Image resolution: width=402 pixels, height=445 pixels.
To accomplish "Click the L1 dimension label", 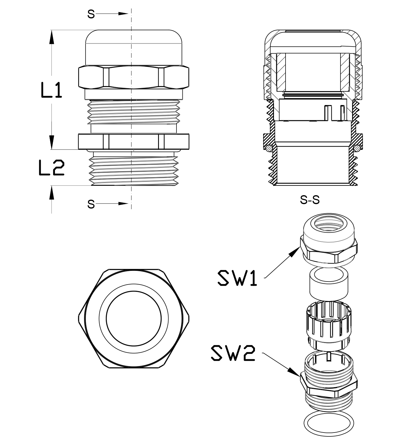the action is point(52,90).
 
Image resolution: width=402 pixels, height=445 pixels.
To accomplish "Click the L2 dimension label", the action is point(52,168).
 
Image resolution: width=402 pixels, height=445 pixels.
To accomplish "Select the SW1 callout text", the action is point(237,278).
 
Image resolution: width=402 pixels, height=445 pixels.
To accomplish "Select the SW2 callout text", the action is point(233,353).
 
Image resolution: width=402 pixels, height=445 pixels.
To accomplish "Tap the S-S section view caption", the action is point(310,200).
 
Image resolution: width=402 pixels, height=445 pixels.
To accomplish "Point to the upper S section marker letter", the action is point(91,14).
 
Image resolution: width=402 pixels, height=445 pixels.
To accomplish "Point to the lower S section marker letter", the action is point(91,204).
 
